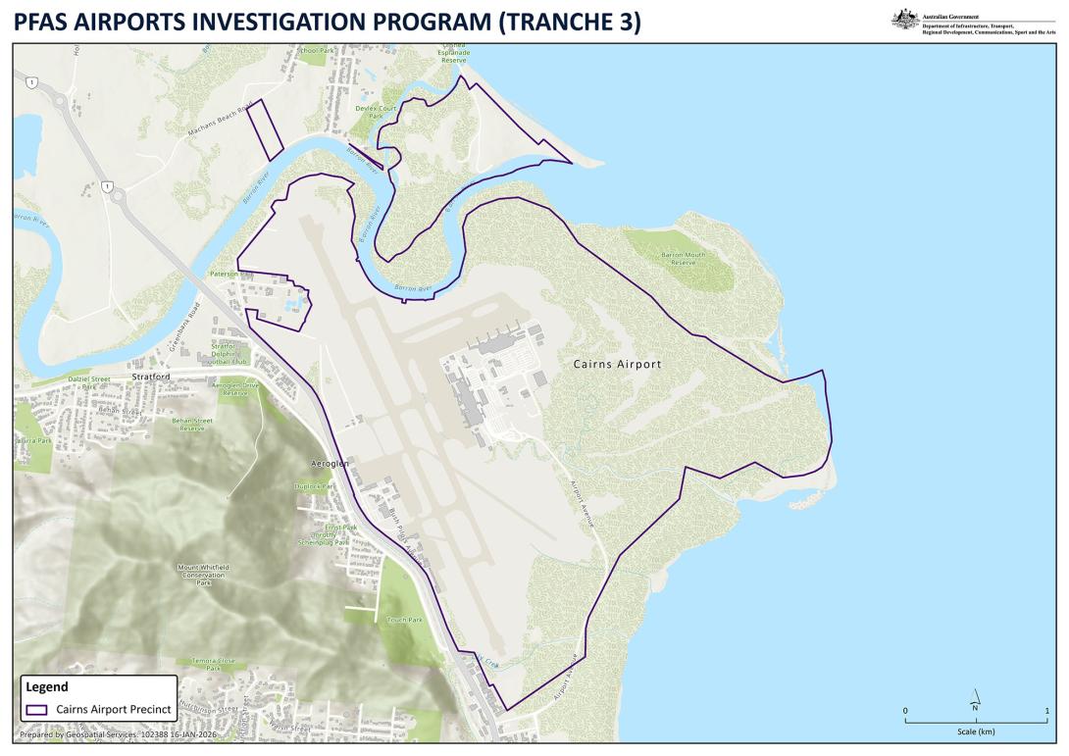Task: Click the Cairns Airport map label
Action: coord(616,364)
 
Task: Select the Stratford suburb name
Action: coord(151,376)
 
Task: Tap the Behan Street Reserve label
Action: coord(191,424)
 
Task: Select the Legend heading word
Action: coord(46,687)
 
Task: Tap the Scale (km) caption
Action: coord(975,731)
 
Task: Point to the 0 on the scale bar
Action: coord(905,710)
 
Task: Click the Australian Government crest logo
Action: coord(904,18)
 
